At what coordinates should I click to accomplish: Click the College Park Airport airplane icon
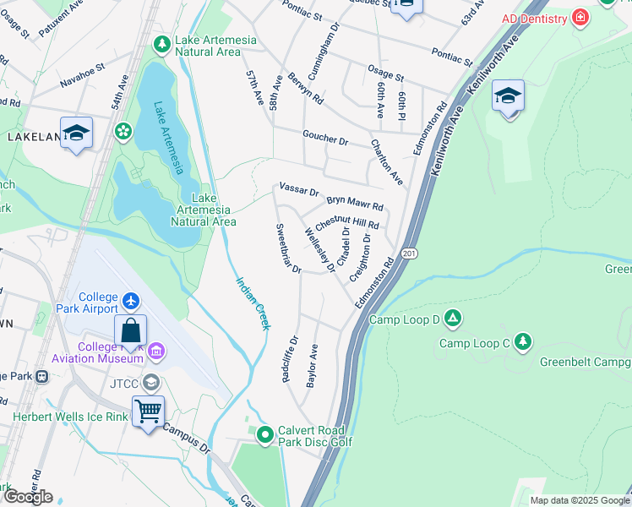coord(131,300)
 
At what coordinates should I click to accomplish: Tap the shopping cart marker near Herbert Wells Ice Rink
coord(149,412)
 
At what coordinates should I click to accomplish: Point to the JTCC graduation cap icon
coord(151,383)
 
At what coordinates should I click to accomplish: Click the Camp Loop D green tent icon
coord(454,318)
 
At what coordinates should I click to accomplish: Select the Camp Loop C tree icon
coord(524,341)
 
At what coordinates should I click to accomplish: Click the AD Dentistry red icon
coord(580,18)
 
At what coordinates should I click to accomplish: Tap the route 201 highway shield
coord(410,253)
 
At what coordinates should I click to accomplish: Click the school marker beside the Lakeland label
coord(76,134)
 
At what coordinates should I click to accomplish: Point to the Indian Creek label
coord(252,303)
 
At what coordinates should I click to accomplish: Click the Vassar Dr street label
coord(298,192)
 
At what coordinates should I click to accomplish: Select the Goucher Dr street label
coord(325,138)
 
